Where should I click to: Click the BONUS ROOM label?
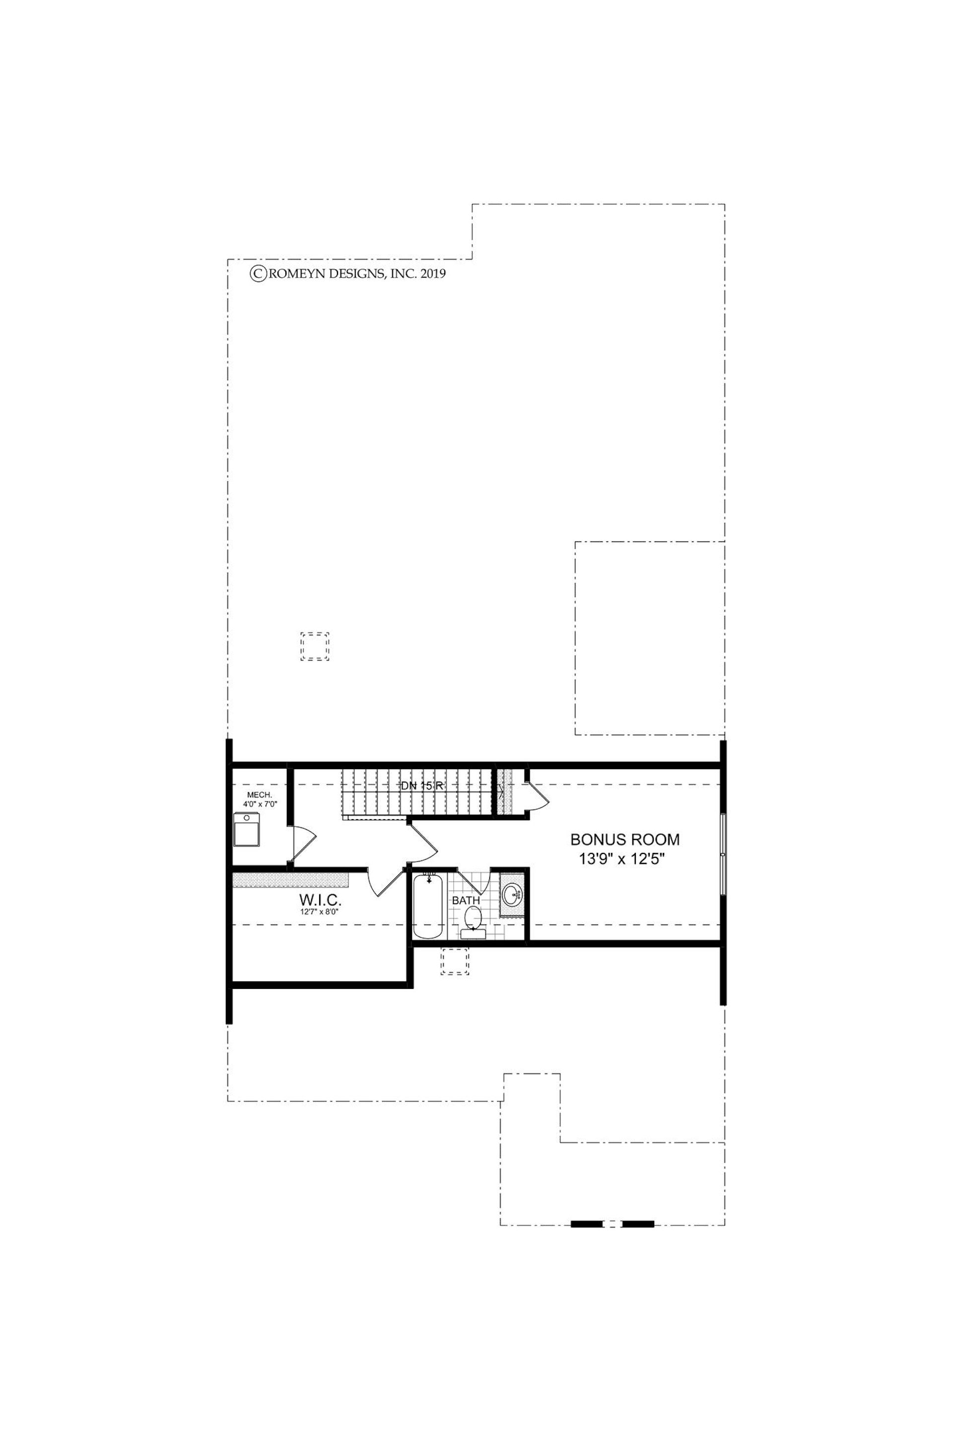point(625,840)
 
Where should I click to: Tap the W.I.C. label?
point(320,901)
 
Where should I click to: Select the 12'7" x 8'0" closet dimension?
point(320,912)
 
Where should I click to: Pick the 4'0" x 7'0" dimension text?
point(260,804)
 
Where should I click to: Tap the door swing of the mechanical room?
point(303,844)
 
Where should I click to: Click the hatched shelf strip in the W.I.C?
point(291,881)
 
